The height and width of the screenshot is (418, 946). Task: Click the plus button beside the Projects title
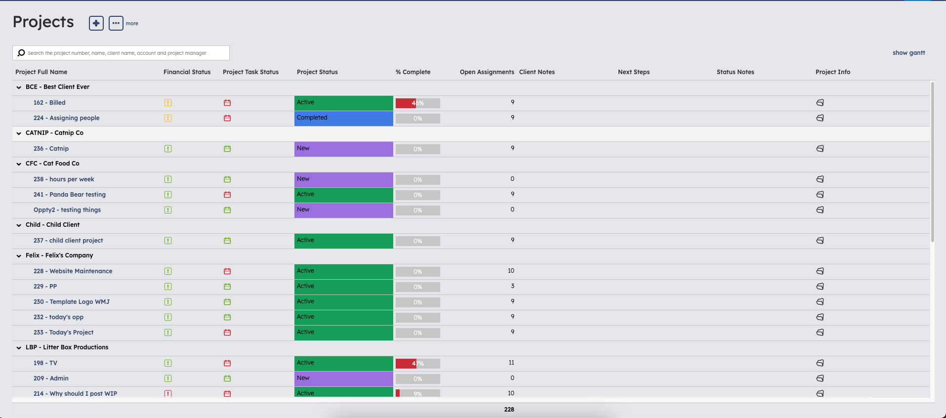click(x=96, y=23)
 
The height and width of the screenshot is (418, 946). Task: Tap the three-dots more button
click(x=116, y=23)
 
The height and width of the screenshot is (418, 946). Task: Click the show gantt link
click(x=908, y=53)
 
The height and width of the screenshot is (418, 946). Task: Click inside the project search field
click(x=121, y=53)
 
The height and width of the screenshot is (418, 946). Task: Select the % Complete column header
click(x=413, y=72)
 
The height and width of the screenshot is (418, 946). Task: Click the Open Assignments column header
click(x=487, y=72)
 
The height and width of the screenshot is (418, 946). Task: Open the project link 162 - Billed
click(x=49, y=103)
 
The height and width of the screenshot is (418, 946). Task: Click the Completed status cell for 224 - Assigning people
click(x=344, y=118)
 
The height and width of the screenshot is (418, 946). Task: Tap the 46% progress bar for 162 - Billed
click(x=418, y=103)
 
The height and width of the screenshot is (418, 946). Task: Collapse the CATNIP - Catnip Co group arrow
click(x=19, y=133)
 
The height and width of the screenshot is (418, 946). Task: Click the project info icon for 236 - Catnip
click(x=820, y=149)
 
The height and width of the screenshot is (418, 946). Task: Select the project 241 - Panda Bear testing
click(x=70, y=195)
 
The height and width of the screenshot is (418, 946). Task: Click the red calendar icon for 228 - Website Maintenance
click(x=227, y=271)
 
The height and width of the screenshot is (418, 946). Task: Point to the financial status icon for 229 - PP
click(x=168, y=287)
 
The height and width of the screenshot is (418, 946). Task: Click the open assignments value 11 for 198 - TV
click(x=511, y=363)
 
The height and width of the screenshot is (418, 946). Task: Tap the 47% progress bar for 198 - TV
click(x=418, y=364)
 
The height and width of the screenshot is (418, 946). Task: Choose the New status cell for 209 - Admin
click(x=344, y=379)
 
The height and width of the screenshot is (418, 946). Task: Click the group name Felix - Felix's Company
click(x=59, y=255)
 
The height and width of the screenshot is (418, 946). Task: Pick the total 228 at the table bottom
click(x=509, y=410)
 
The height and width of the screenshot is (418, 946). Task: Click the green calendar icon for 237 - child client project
click(x=227, y=241)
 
